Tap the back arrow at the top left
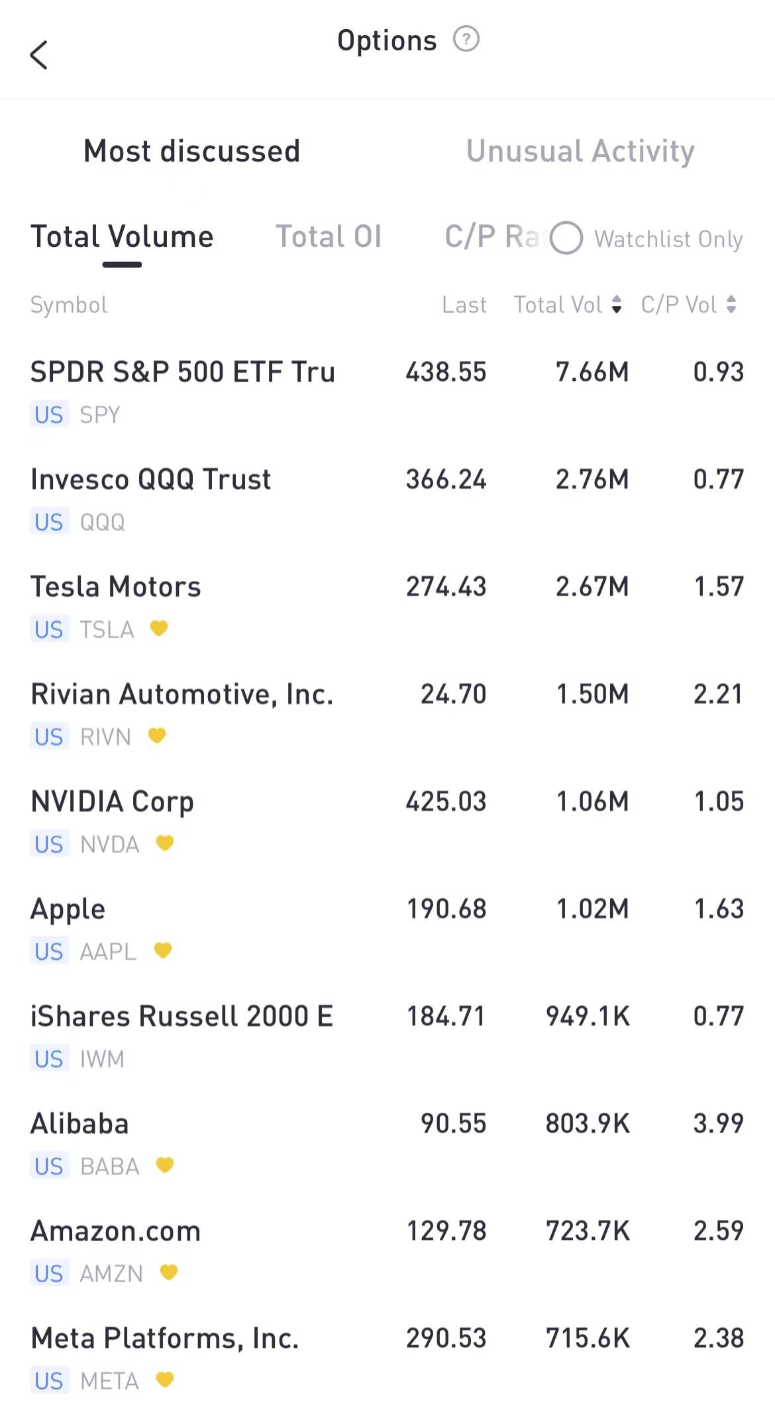[39, 55]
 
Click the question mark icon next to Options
[466, 39]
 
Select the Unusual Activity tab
[580, 151]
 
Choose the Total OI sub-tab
[329, 237]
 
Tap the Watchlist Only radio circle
[566, 238]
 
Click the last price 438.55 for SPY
[446, 372]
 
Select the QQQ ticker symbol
[102, 523]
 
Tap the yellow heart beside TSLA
[159, 628]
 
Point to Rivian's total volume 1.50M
[592, 694]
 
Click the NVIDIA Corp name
[112, 801]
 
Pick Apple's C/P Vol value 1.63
[719, 909]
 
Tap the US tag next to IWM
[49, 1059]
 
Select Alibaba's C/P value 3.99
[719, 1123]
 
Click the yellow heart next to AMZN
[169, 1272]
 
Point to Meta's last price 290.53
[446, 1338]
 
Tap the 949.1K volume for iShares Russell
[588, 1016]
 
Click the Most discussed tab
[191, 151]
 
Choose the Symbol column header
[69, 305]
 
